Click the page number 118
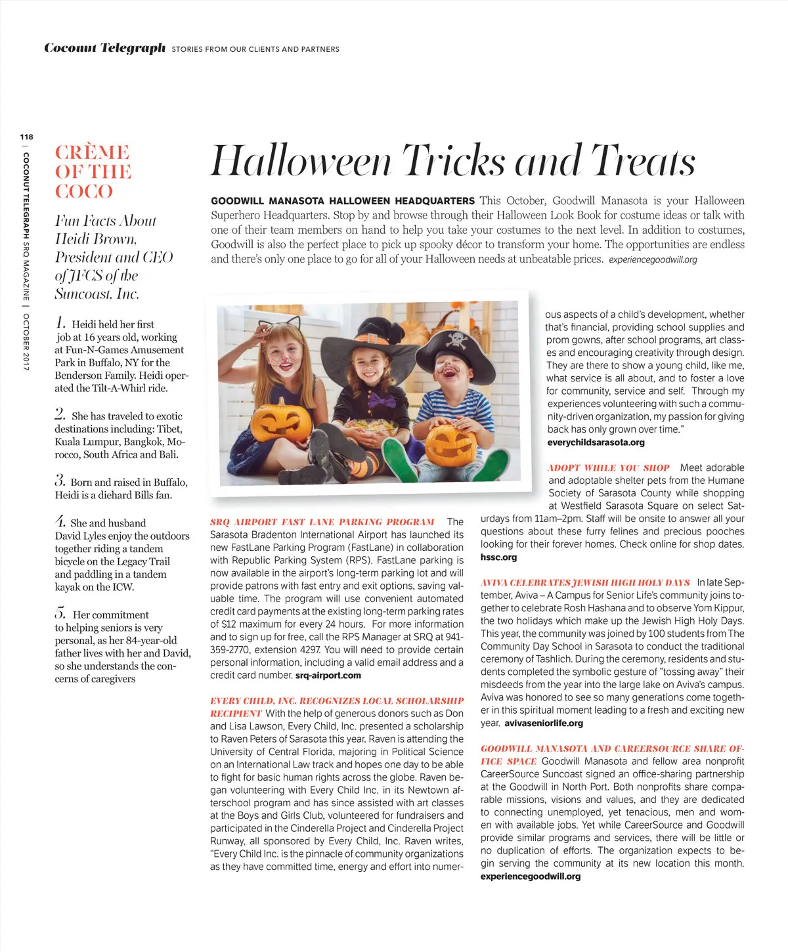point(26,137)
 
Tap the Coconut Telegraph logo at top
point(104,48)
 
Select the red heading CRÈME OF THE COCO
point(93,171)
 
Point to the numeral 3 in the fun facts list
point(60,481)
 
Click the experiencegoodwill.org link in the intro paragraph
point(653,260)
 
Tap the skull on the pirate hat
point(456,339)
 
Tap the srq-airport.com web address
point(328,676)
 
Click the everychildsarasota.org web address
point(596,443)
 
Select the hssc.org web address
point(498,557)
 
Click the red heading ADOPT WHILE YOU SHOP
point(608,468)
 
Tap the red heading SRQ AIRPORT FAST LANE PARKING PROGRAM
point(322,523)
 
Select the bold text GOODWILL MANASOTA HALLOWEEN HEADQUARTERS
point(342,201)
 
